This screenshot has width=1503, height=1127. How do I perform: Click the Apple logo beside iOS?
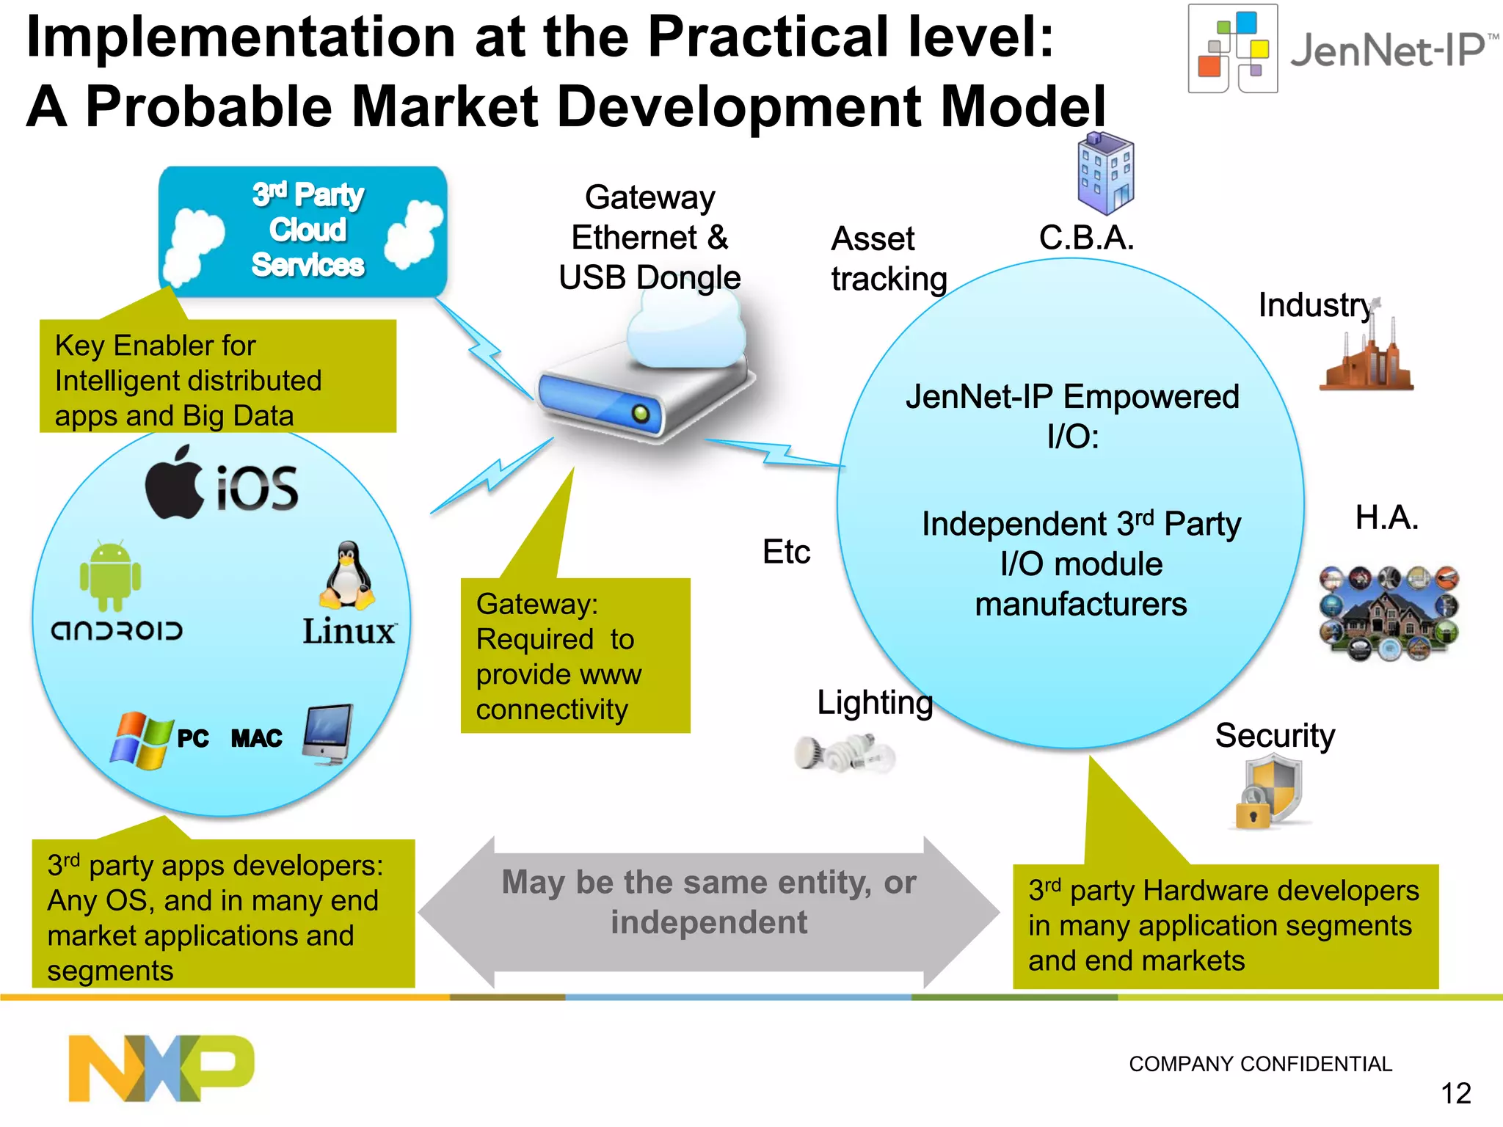175,484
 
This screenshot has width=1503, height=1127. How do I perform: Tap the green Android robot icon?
110,577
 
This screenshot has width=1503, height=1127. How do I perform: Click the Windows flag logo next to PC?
140,740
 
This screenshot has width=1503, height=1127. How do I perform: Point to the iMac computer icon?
328,734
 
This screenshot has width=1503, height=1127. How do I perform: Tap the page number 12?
1455,1094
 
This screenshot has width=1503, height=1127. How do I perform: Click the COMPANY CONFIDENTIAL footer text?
1260,1064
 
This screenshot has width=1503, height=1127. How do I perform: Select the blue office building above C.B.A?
1105,173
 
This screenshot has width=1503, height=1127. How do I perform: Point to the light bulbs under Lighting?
845,753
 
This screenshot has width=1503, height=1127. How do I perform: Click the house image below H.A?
1389,613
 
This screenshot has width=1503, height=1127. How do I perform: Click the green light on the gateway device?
641,414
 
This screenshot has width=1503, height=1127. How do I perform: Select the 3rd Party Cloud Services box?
303,231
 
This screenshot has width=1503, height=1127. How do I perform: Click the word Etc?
786,552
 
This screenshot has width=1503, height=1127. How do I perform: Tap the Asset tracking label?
889,259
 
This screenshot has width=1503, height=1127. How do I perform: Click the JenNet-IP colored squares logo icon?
1233,49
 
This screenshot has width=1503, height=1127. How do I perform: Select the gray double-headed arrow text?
708,902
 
